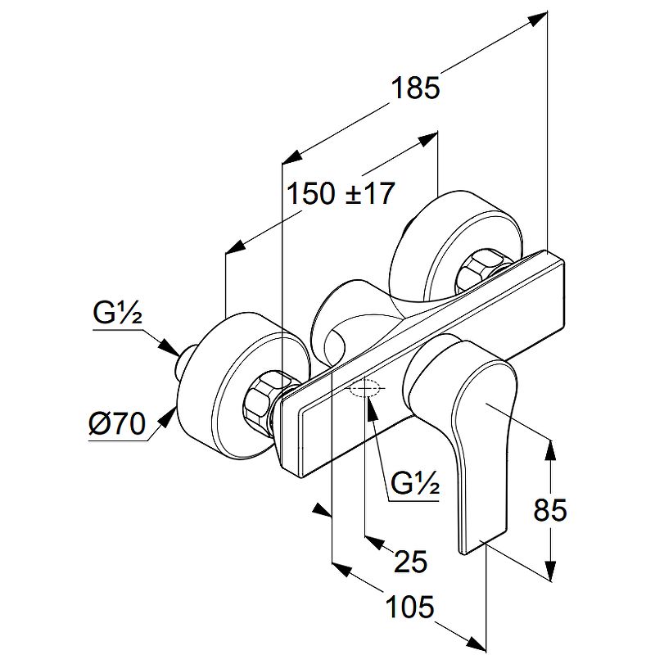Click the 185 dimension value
[x=415, y=87]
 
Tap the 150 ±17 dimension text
[x=340, y=194]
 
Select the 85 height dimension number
[x=549, y=510]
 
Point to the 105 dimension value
[x=409, y=608]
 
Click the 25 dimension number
[x=410, y=561]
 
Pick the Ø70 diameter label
[x=115, y=424]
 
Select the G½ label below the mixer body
[x=415, y=484]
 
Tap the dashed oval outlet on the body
[x=364, y=390]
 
